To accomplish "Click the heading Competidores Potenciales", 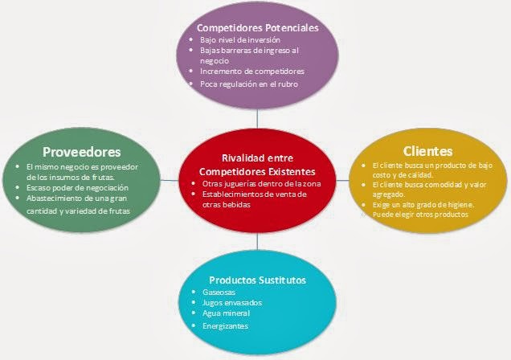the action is point(258,27).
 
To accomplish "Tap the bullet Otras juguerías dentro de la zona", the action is point(255,183).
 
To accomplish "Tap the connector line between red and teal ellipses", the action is point(256,243).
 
